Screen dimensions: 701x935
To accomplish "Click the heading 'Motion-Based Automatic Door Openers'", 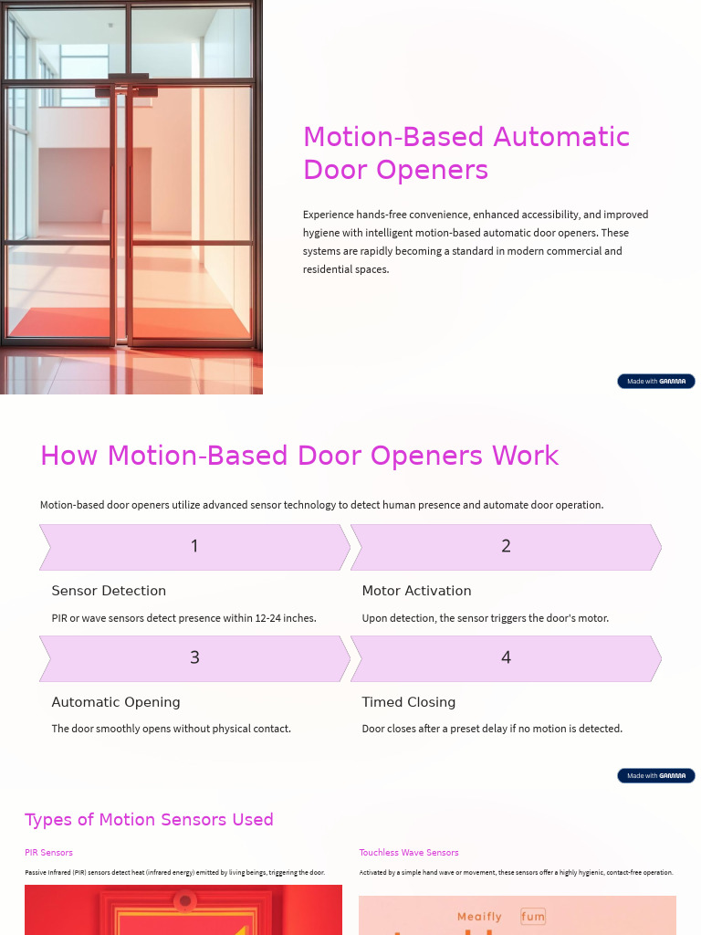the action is [466, 152].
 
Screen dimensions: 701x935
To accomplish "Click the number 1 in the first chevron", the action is [194, 546].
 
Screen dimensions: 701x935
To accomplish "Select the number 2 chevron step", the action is [506, 546].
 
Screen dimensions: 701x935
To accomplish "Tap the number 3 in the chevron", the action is [194, 657].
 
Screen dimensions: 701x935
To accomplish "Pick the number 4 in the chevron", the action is [506, 657].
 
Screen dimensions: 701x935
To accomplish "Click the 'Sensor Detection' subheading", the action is [109, 591].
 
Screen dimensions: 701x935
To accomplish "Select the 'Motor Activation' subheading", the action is [416, 591].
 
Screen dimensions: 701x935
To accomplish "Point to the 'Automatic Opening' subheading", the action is [116, 702].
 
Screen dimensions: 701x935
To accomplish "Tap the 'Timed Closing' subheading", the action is [408, 702].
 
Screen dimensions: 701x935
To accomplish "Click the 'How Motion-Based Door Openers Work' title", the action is [299, 456].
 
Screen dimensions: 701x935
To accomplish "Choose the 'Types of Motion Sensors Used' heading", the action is [149, 819].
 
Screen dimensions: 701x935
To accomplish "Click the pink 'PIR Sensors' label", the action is [48, 853].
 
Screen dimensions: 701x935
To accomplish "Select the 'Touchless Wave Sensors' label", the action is [408, 853].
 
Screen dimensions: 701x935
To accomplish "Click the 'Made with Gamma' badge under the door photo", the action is [655, 382].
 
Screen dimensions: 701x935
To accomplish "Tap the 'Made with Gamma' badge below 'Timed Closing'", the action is [655, 776].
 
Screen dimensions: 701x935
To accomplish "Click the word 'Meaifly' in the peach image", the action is [479, 916].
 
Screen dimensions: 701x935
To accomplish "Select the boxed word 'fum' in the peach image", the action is [533, 916].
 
